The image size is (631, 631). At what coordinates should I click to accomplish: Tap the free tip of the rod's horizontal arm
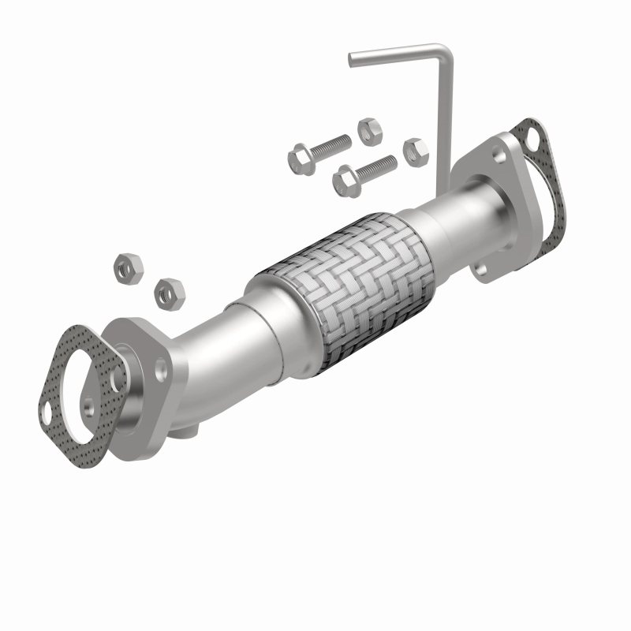pos(353,58)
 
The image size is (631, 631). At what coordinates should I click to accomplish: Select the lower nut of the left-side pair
pos(168,292)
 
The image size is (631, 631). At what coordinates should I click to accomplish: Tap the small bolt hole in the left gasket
pos(49,411)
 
